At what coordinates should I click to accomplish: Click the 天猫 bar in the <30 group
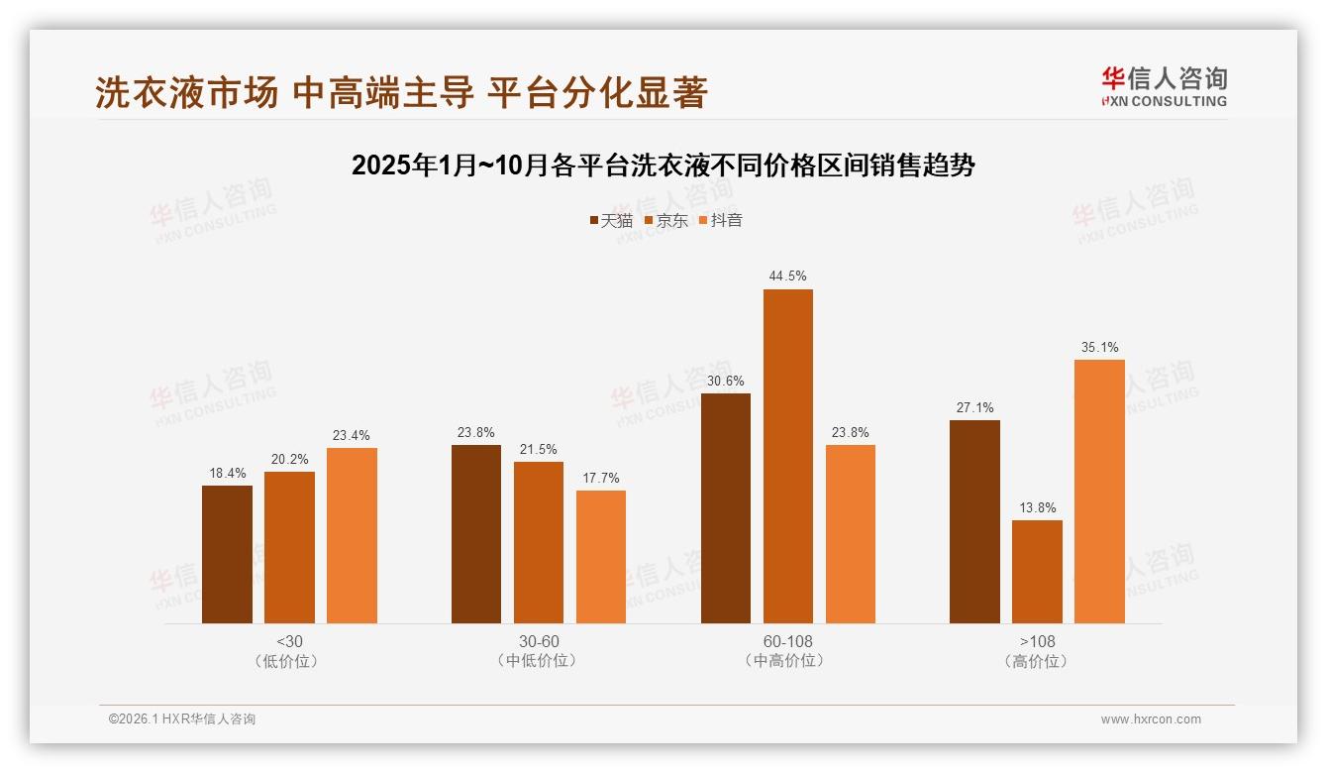[x=227, y=554]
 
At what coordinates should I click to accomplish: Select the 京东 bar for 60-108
[x=787, y=456]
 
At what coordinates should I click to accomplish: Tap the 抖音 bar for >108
[x=1099, y=491]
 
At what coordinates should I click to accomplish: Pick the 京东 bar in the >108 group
[x=1037, y=572]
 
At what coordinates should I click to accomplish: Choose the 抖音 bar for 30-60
[x=601, y=557]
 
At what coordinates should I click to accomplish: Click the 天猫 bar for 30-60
[x=476, y=534]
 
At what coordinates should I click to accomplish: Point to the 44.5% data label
[x=787, y=276]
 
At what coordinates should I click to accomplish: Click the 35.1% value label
[x=1099, y=347]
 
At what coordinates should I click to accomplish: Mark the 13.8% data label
[x=1037, y=507]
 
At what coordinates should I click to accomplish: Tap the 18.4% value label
[x=227, y=473]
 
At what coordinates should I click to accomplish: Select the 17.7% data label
[x=601, y=478]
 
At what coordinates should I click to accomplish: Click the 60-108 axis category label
[x=787, y=641]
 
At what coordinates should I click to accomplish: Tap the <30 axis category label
[x=289, y=641]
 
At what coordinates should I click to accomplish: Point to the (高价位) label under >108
[x=1037, y=661]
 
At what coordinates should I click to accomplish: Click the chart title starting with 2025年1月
[x=663, y=166]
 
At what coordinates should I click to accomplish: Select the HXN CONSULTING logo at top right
[x=1164, y=86]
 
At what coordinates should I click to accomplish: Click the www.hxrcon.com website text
[x=1151, y=719]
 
